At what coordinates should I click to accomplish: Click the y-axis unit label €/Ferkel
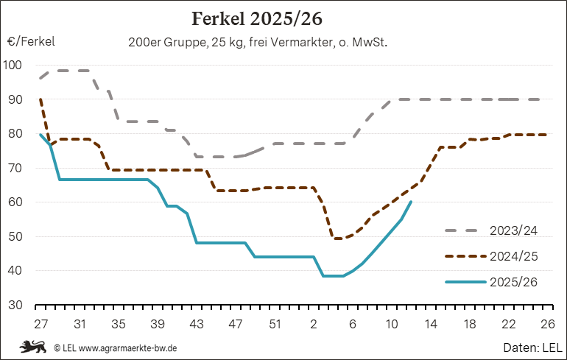[x=32, y=42]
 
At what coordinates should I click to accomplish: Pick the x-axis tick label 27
[x=40, y=323]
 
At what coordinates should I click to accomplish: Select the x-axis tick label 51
[x=274, y=323]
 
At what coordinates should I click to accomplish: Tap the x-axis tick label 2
[x=314, y=323]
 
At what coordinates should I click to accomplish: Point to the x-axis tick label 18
[x=469, y=323]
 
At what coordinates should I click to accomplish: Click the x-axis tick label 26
[x=547, y=323]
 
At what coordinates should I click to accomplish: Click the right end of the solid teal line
[x=411, y=202]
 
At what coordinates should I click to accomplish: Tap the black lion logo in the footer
[x=33, y=346]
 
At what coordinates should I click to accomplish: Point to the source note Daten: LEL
[x=534, y=347]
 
